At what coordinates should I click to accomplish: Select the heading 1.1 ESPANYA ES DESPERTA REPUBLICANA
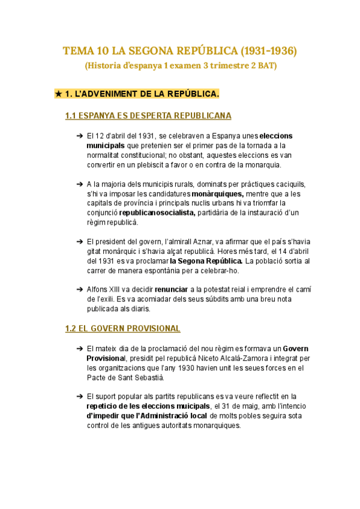click(148, 116)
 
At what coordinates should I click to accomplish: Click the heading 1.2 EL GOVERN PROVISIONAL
click(122, 328)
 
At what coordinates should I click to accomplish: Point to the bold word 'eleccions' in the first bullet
click(277, 136)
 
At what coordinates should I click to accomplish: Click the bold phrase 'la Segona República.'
click(206, 261)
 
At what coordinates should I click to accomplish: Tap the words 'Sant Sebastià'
click(136, 378)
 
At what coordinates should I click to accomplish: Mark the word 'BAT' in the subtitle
click(268, 65)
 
